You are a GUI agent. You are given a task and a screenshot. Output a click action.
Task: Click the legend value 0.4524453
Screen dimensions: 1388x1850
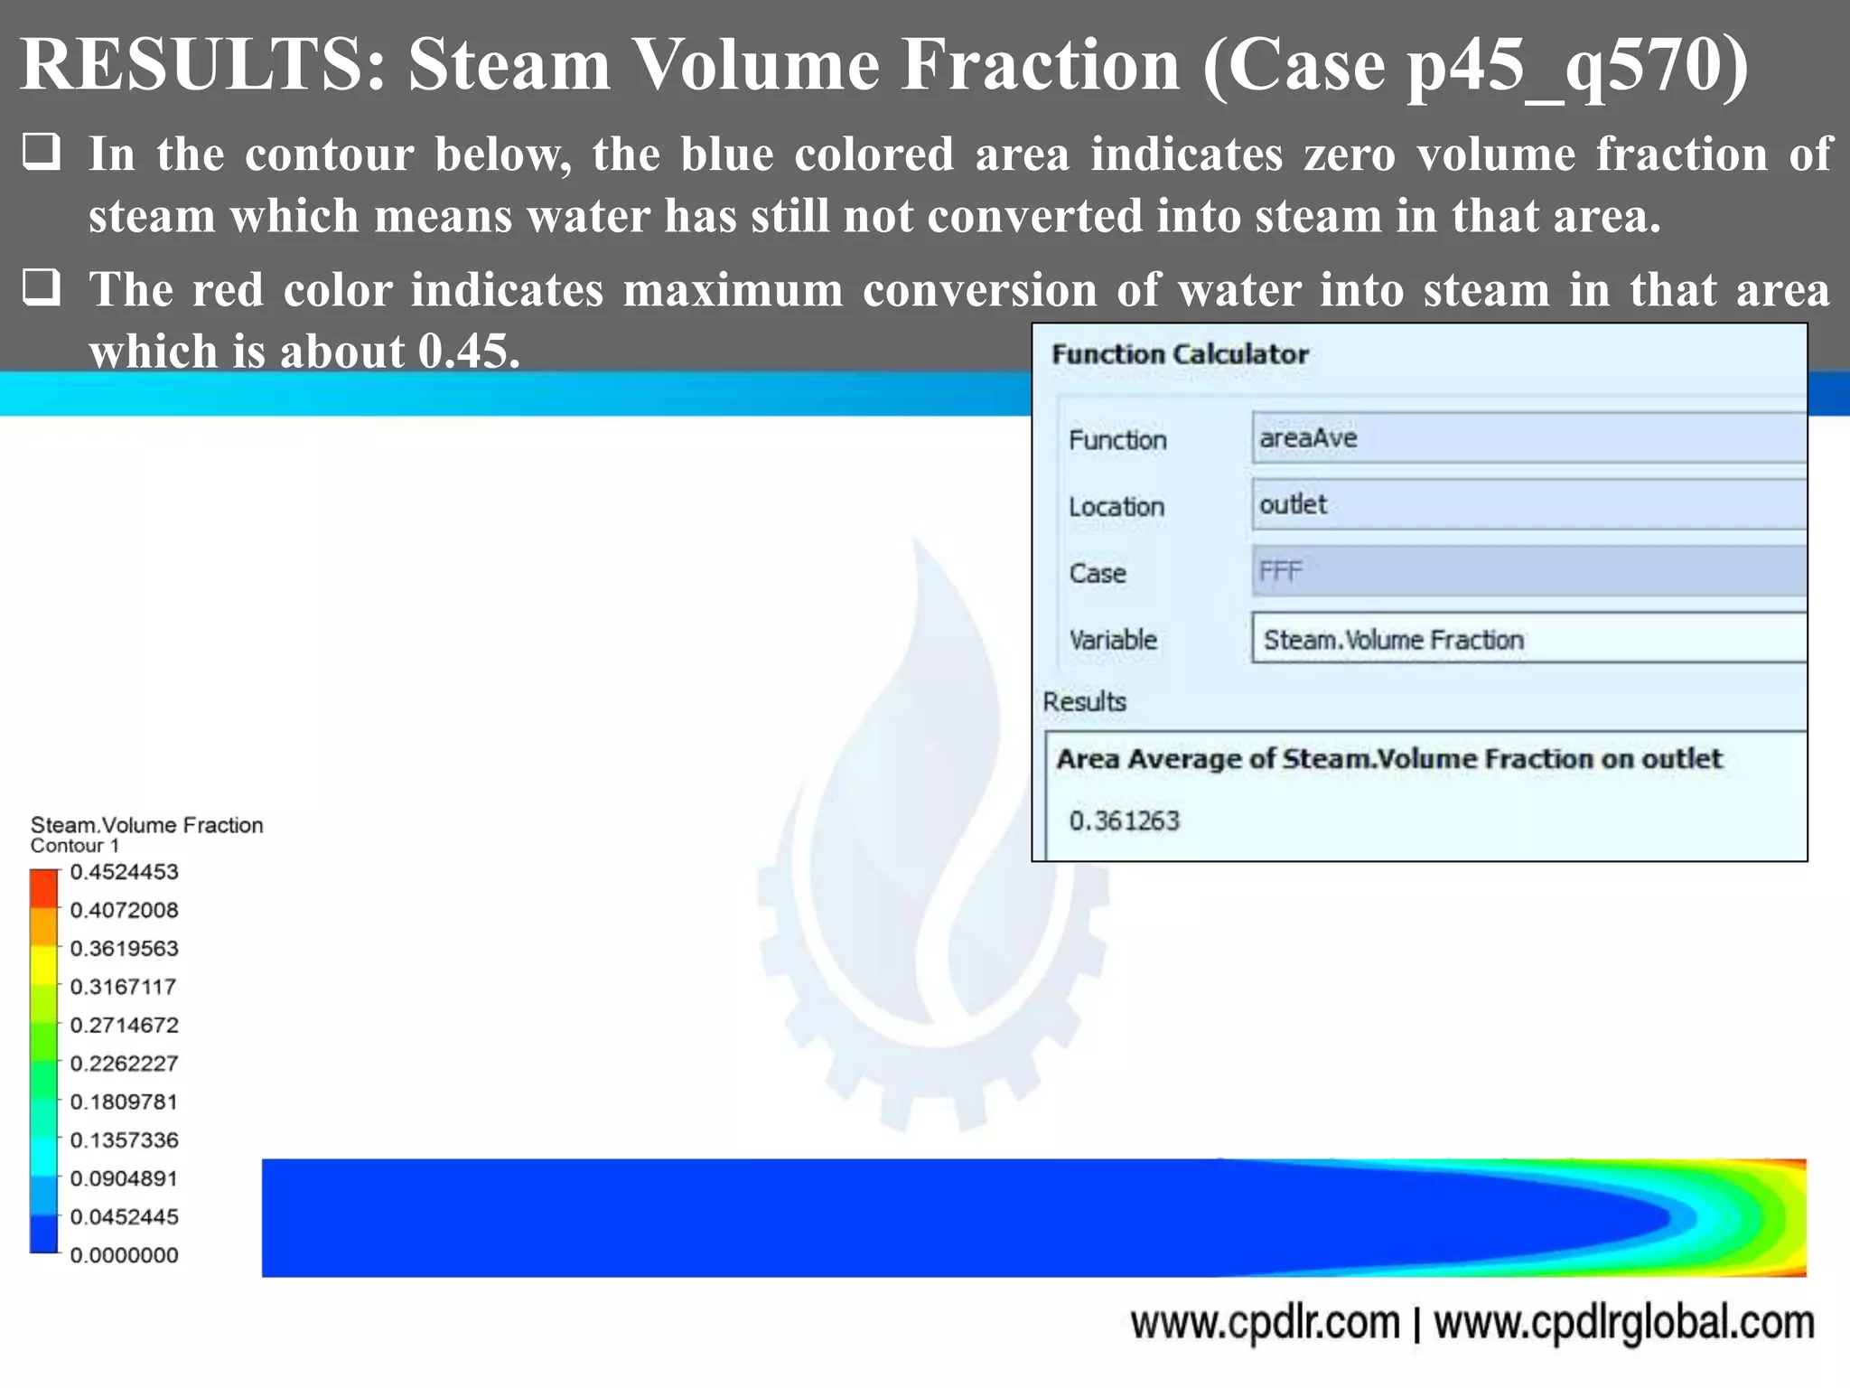pyautogui.click(x=124, y=872)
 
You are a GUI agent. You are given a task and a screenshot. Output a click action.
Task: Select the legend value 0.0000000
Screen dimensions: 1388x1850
pyautogui.click(x=124, y=1255)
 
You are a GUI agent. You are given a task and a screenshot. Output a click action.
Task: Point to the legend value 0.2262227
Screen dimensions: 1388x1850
pyautogui.click(x=124, y=1064)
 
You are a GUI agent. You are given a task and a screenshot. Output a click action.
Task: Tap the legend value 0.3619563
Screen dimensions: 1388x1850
pyautogui.click(x=124, y=949)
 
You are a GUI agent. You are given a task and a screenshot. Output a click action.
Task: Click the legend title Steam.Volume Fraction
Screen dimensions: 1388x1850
pyautogui.click(x=146, y=825)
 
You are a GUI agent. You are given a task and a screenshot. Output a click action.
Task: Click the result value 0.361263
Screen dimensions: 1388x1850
pyautogui.click(x=1124, y=821)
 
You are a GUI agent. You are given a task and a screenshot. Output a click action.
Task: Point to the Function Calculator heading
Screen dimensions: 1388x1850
pyautogui.click(x=1180, y=354)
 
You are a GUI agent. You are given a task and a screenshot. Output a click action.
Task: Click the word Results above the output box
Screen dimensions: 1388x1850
pyautogui.click(x=1084, y=701)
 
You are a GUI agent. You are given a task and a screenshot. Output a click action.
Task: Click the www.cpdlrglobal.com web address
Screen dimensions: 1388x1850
pyautogui.click(x=1623, y=1323)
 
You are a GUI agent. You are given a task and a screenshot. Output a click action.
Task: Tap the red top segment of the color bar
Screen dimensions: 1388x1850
pyautogui.click(x=43, y=886)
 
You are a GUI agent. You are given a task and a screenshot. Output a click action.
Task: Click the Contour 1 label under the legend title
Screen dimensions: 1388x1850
pyautogui.click(x=74, y=846)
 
